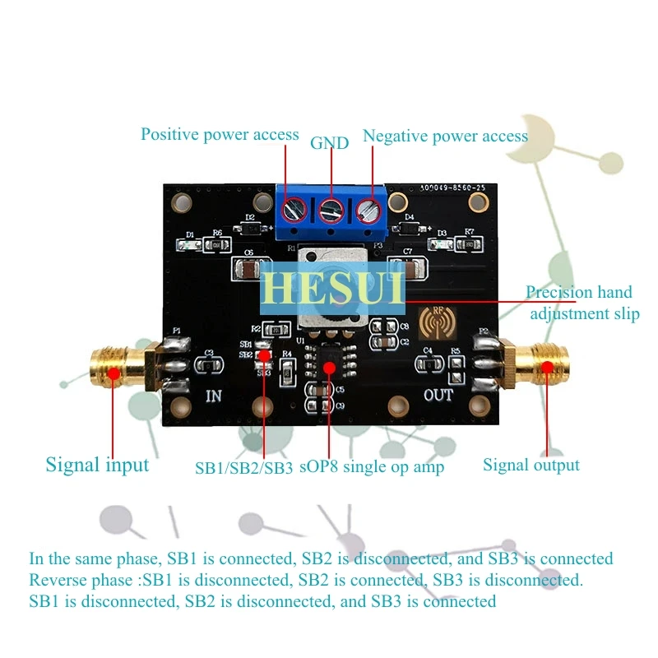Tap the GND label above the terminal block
pyautogui.click(x=329, y=142)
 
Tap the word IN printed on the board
pyautogui.click(x=213, y=396)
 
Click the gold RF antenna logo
pyautogui.click(x=434, y=322)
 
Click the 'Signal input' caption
pyautogui.click(x=97, y=465)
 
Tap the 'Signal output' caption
pyautogui.click(x=531, y=465)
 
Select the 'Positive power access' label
pyautogui.click(x=220, y=134)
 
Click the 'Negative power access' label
pyautogui.click(x=444, y=135)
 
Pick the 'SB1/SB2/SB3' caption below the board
pyautogui.click(x=243, y=467)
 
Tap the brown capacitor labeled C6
pyautogui.click(x=248, y=268)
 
